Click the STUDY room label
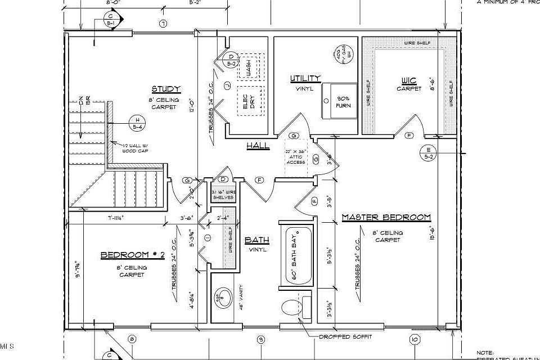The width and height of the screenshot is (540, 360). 166,89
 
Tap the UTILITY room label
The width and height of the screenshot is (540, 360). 305,78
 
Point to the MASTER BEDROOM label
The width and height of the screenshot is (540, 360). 386,217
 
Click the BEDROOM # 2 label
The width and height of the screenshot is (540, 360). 132,255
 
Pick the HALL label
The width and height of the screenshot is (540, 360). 258,146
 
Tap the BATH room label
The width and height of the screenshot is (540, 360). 256,240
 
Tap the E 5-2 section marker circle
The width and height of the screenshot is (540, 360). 429,152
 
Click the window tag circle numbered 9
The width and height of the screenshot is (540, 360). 260,339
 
